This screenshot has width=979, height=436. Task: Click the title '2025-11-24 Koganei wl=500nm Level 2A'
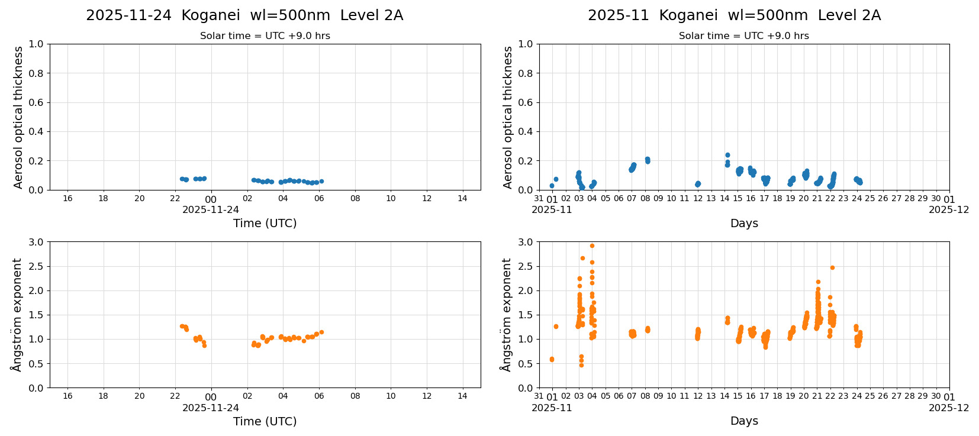pos(244,15)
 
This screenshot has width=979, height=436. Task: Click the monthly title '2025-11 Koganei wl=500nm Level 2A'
pos(734,15)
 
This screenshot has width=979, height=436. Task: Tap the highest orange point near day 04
pos(592,246)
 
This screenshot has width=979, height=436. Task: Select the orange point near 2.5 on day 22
pos(832,267)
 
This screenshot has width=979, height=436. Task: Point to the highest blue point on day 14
pos(727,155)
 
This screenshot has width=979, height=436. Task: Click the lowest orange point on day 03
pos(581,365)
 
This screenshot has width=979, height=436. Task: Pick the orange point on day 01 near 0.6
pos(552,359)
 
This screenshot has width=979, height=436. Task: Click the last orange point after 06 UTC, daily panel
pos(321,332)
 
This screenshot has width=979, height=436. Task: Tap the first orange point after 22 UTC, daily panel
pos(182,326)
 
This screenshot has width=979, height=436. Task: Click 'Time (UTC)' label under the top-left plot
pos(265,223)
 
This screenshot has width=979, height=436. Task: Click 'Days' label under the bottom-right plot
pos(744,421)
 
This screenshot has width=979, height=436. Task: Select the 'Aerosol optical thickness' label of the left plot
pos(18,117)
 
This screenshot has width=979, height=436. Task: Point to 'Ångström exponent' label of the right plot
pos(505,315)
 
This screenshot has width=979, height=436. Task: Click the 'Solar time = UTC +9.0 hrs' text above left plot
pos(265,35)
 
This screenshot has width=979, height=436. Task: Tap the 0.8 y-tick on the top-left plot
pos(36,73)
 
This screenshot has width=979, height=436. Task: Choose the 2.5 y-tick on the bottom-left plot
pos(36,266)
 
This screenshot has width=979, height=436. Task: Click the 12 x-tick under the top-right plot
pos(698,199)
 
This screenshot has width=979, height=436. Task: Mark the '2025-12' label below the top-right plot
pos(949,209)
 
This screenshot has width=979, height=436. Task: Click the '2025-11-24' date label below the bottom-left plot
pos(211,408)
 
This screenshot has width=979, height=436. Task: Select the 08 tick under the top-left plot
pos(355,198)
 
